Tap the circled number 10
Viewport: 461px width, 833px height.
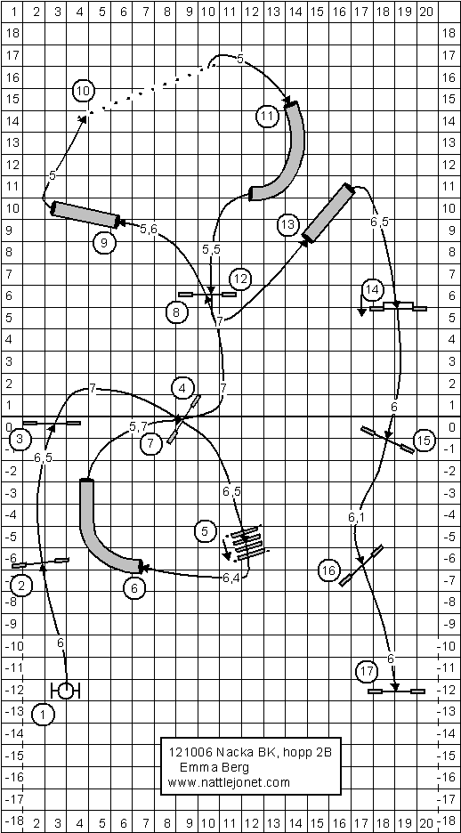tap(84, 91)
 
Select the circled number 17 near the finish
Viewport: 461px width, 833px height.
tap(367, 672)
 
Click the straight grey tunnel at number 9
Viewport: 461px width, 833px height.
tap(85, 214)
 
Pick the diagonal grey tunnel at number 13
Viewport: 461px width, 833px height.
tap(328, 213)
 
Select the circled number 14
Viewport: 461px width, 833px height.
tap(372, 289)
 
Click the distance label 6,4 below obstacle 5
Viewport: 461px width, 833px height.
tap(230, 578)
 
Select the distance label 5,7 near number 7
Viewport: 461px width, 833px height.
tap(138, 426)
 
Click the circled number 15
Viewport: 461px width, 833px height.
tap(424, 441)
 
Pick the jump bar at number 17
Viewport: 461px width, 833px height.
tap(396, 691)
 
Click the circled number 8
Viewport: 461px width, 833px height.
tap(176, 312)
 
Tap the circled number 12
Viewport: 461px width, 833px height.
tap(240, 279)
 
